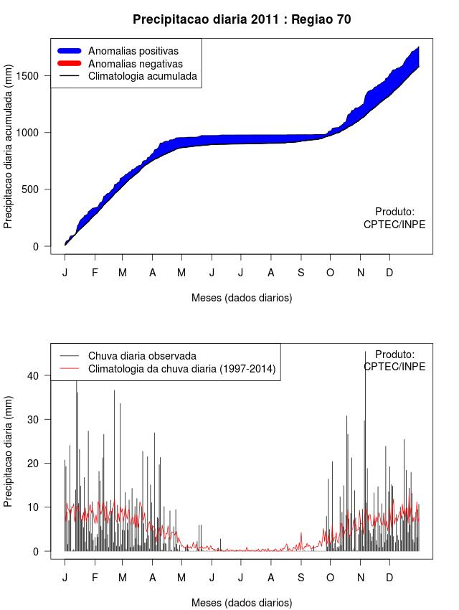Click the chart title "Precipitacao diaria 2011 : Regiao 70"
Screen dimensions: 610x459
pyautogui.click(x=242, y=19)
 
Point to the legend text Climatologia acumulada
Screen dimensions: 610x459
pyautogui.click(x=142, y=76)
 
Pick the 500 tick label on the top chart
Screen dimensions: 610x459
pyautogui.click(x=38, y=189)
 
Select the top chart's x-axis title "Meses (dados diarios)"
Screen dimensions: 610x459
pyautogui.click(x=242, y=297)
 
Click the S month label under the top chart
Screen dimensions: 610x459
pyautogui.click(x=301, y=273)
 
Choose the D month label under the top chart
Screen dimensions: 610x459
pyautogui.click(x=389, y=273)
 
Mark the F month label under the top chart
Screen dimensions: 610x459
pyautogui.click(x=94, y=273)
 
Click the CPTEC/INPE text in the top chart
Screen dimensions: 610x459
pyautogui.click(x=394, y=225)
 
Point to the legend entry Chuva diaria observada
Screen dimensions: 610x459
pyautogui.click(x=142, y=356)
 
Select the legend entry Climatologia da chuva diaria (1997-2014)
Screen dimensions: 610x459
pyautogui.click(x=181, y=369)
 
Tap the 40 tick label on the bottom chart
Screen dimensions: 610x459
pyautogui.click(x=34, y=375)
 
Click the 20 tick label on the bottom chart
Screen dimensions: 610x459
pyautogui.click(x=34, y=464)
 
